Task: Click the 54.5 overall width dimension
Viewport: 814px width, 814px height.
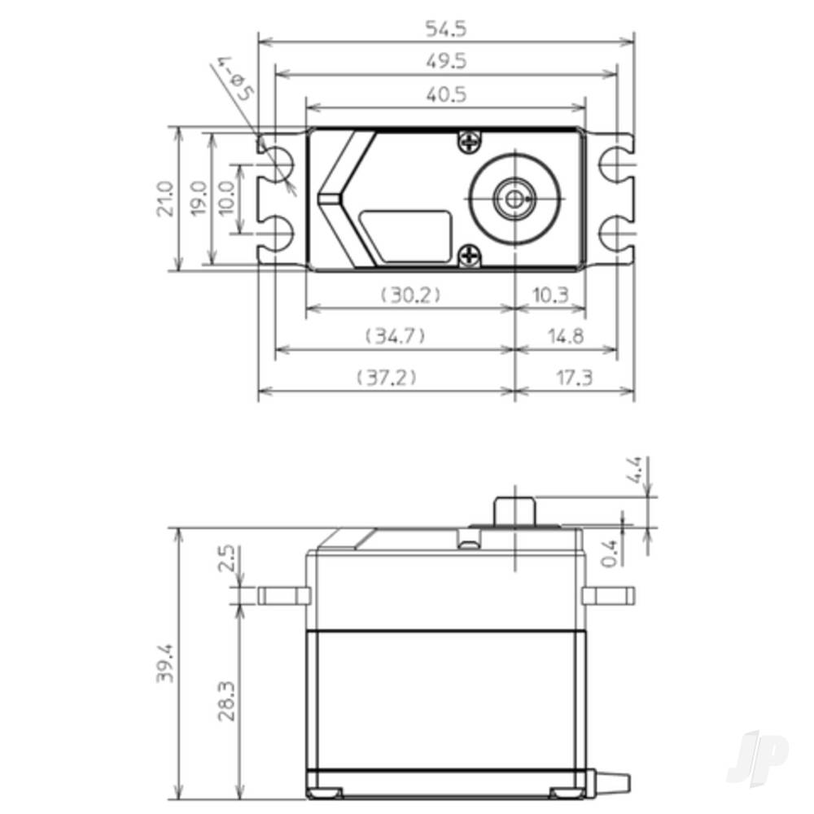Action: point(446,29)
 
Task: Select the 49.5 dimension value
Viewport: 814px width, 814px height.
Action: point(446,61)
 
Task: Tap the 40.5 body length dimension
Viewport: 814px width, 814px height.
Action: point(446,94)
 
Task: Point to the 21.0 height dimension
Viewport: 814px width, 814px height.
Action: point(164,199)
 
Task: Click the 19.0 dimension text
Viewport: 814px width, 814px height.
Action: point(198,199)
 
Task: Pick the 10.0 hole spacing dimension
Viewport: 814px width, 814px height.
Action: point(227,199)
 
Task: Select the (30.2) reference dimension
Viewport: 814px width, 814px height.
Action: point(410,295)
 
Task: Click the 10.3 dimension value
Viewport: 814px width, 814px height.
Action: point(550,295)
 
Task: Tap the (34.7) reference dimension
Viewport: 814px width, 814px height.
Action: point(395,336)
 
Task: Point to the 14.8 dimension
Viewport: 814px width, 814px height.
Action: point(566,336)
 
